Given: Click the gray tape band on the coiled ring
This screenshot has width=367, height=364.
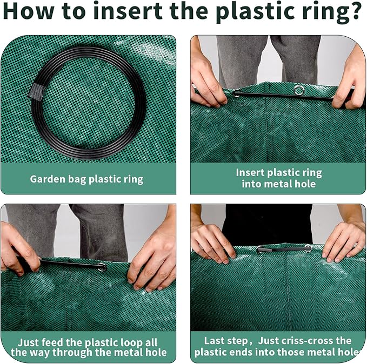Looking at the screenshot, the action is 36,91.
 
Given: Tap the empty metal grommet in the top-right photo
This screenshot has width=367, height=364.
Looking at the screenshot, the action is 299,90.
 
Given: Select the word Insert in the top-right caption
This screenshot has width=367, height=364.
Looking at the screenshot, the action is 250,173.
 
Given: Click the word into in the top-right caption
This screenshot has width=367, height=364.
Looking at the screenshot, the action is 252,184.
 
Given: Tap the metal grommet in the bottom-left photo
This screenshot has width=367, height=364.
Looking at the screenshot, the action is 102,267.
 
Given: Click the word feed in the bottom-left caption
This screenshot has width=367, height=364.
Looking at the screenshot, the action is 52,342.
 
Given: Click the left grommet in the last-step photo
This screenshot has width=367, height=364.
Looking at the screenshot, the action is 261,250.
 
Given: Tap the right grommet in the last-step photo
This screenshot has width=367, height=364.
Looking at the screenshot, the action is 308,248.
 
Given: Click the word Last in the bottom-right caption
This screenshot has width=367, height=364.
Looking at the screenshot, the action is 213,341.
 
